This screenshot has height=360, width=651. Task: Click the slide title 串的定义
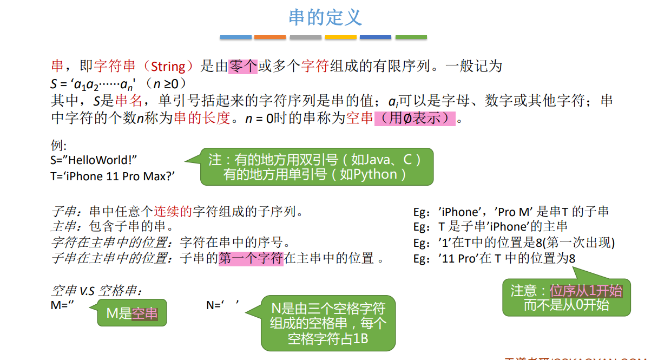click(x=325, y=17)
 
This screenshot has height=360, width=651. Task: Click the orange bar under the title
click(x=269, y=37)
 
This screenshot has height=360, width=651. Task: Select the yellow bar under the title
click(x=340, y=37)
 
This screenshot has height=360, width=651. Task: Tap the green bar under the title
click(x=411, y=37)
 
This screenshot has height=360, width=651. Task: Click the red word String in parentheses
click(x=168, y=67)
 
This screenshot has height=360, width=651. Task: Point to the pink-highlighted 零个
click(x=242, y=66)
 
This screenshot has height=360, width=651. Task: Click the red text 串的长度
click(x=202, y=118)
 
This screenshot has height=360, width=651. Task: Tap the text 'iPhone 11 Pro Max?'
click(x=120, y=176)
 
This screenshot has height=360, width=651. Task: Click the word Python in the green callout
click(x=375, y=175)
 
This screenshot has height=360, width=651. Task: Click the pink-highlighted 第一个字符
click(x=251, y=258)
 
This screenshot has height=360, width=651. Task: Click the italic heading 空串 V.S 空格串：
click(x=96, y=291)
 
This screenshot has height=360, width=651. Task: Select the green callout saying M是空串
click(x=131, y=313)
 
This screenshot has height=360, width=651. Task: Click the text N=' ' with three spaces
click(x=222, y=305)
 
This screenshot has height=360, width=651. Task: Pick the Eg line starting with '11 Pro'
click(x=494, y=258)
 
